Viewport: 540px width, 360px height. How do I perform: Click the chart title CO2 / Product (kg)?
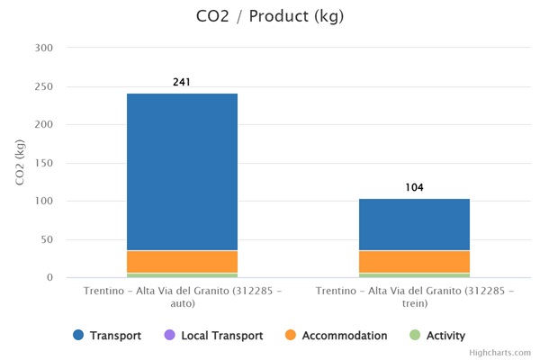point(269,16)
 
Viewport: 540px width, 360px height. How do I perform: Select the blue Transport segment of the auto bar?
point(182,171)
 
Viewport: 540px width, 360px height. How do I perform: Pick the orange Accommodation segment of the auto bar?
point(182,261)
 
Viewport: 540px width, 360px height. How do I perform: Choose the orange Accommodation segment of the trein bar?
point(414,261)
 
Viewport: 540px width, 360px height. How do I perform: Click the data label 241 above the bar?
point(182,82)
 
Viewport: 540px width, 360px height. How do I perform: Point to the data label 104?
point(414,187)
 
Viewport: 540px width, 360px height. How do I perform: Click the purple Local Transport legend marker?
point(169,336)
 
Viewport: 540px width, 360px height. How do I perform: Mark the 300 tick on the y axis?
point(42,48)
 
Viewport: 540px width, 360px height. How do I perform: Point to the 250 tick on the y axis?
point(42,86)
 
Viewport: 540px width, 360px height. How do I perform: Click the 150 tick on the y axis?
point(42,163)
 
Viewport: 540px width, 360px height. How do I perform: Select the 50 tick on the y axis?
point(45,239)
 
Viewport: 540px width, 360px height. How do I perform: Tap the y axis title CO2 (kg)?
point(20,162)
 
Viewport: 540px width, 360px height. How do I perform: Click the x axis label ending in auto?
point(182,297)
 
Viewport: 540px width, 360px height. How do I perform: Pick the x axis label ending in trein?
point(414,297)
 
